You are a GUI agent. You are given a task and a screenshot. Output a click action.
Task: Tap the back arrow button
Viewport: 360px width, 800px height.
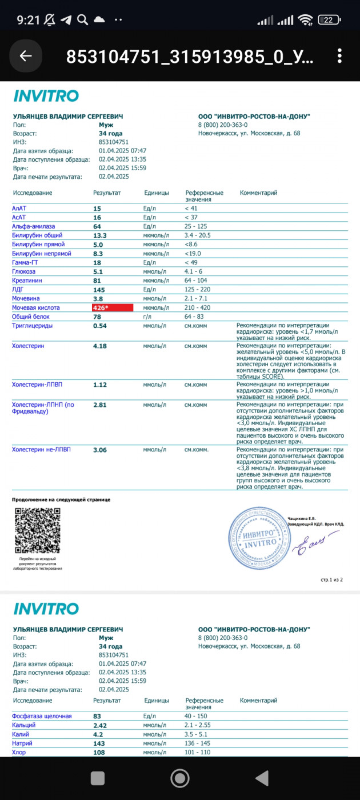[26, 55]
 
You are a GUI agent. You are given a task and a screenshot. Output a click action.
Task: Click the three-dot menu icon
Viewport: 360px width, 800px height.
[339, 55]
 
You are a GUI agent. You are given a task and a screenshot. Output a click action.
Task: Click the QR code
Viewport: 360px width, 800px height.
[38, 530]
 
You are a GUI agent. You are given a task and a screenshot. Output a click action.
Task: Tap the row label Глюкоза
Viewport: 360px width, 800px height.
[23, 271]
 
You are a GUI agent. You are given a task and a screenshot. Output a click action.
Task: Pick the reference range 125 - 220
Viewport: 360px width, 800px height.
[198, 290]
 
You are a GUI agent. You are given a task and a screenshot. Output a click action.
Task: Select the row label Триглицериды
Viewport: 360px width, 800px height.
[33, 325]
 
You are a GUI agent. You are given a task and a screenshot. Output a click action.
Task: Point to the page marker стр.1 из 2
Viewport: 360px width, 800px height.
[331, 579]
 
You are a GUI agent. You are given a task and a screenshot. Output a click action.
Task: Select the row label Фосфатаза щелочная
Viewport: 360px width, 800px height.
[42, 716]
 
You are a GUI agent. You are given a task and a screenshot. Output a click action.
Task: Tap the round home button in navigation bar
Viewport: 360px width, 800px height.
[180, 778]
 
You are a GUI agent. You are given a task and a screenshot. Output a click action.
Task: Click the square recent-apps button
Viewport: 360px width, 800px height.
[98, 778]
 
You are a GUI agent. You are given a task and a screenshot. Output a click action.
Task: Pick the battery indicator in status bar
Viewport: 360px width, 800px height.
[330, 20]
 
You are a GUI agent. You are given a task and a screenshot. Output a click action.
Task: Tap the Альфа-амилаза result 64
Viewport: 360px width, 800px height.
[97, 226]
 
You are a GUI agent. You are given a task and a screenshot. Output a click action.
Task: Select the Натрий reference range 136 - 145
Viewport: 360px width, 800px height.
[198, 743]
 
